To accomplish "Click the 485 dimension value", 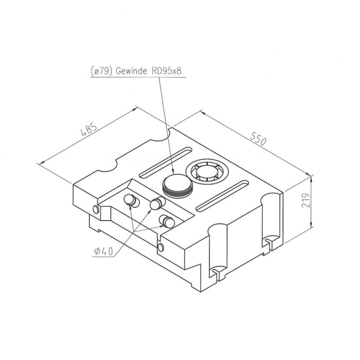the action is [89, 129].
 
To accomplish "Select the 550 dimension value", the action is [258, 138].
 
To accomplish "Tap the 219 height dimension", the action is [305, 200].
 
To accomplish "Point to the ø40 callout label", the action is [104, 252].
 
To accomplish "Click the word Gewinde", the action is [131, 71].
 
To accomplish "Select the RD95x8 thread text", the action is [167, 71].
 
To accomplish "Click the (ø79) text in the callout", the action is [101, 71].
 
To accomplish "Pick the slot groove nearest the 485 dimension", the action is [165, 163].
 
